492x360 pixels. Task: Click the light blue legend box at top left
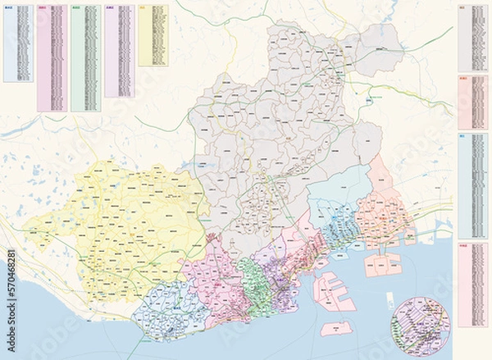coord(19,43)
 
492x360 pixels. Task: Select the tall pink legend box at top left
coord(52,57)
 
